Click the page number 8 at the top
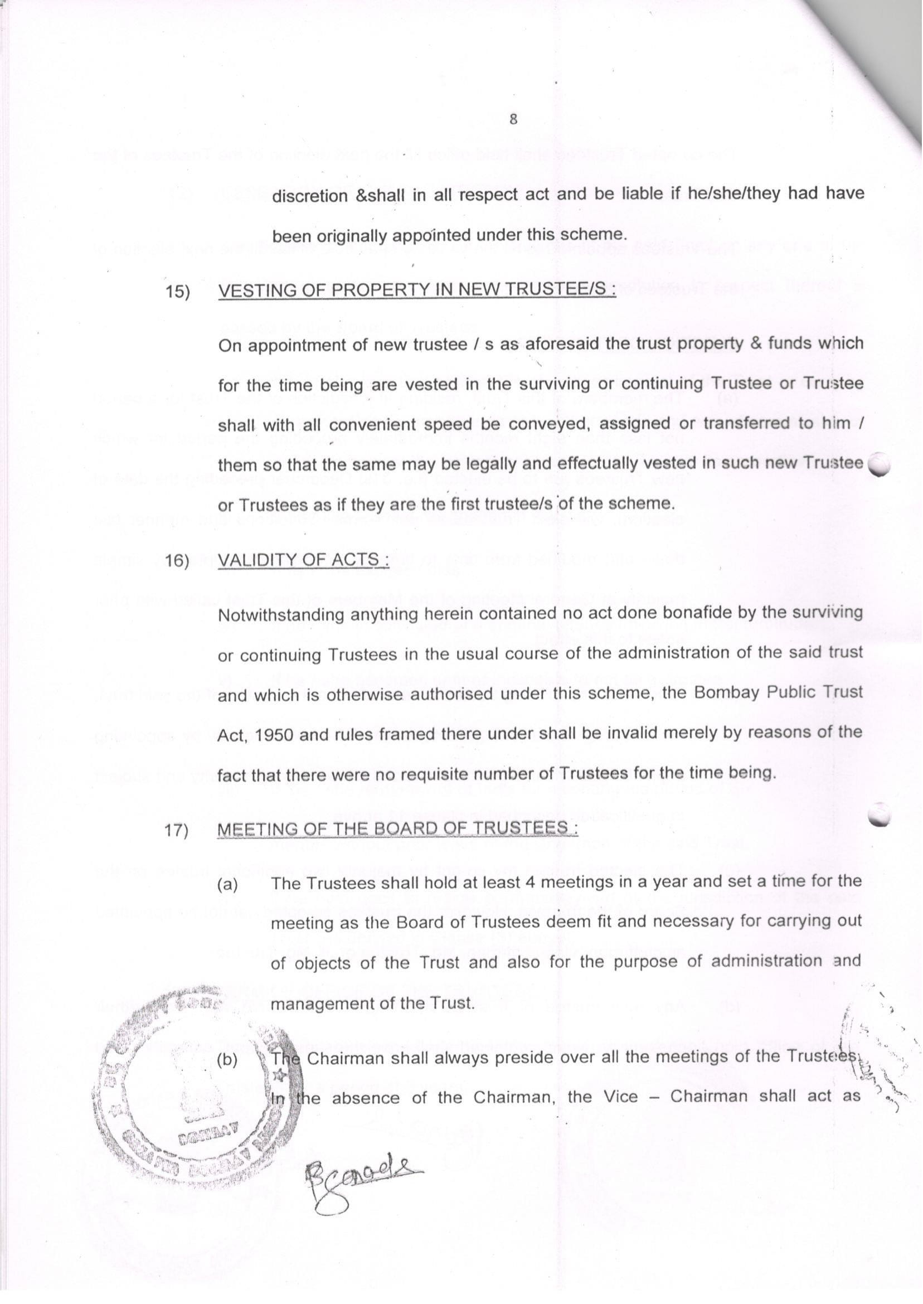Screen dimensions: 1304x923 pos(513,119)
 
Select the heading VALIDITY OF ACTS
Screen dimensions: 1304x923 pos(304,560)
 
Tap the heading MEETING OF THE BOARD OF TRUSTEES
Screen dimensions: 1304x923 pos(397,830)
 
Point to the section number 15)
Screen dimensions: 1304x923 pos(177,292)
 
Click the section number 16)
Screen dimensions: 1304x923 pos(177,561)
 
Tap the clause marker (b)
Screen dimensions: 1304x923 pos(228,1061)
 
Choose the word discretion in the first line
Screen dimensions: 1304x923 pos(310,196)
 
